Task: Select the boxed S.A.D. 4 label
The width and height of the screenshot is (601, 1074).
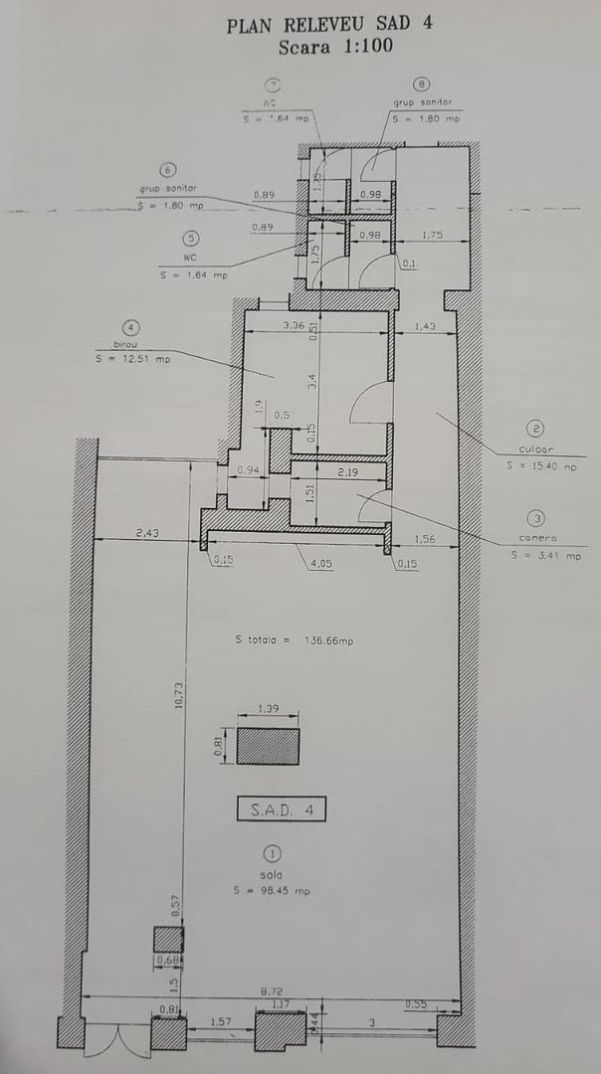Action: point(281,808)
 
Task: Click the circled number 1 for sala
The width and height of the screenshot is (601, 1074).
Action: point(271,853)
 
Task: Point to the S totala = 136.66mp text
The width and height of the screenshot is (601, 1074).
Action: point(294,640)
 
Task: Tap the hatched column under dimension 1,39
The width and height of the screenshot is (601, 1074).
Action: point(268,746)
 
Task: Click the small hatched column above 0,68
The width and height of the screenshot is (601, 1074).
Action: point(167,939)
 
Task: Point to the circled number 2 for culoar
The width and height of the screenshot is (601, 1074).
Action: point(535,429)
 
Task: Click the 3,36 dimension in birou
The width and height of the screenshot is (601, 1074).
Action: point(294,325)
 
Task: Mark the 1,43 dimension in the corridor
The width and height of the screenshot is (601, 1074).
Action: point(424,325)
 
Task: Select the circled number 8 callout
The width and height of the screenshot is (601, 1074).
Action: point(422,85)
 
